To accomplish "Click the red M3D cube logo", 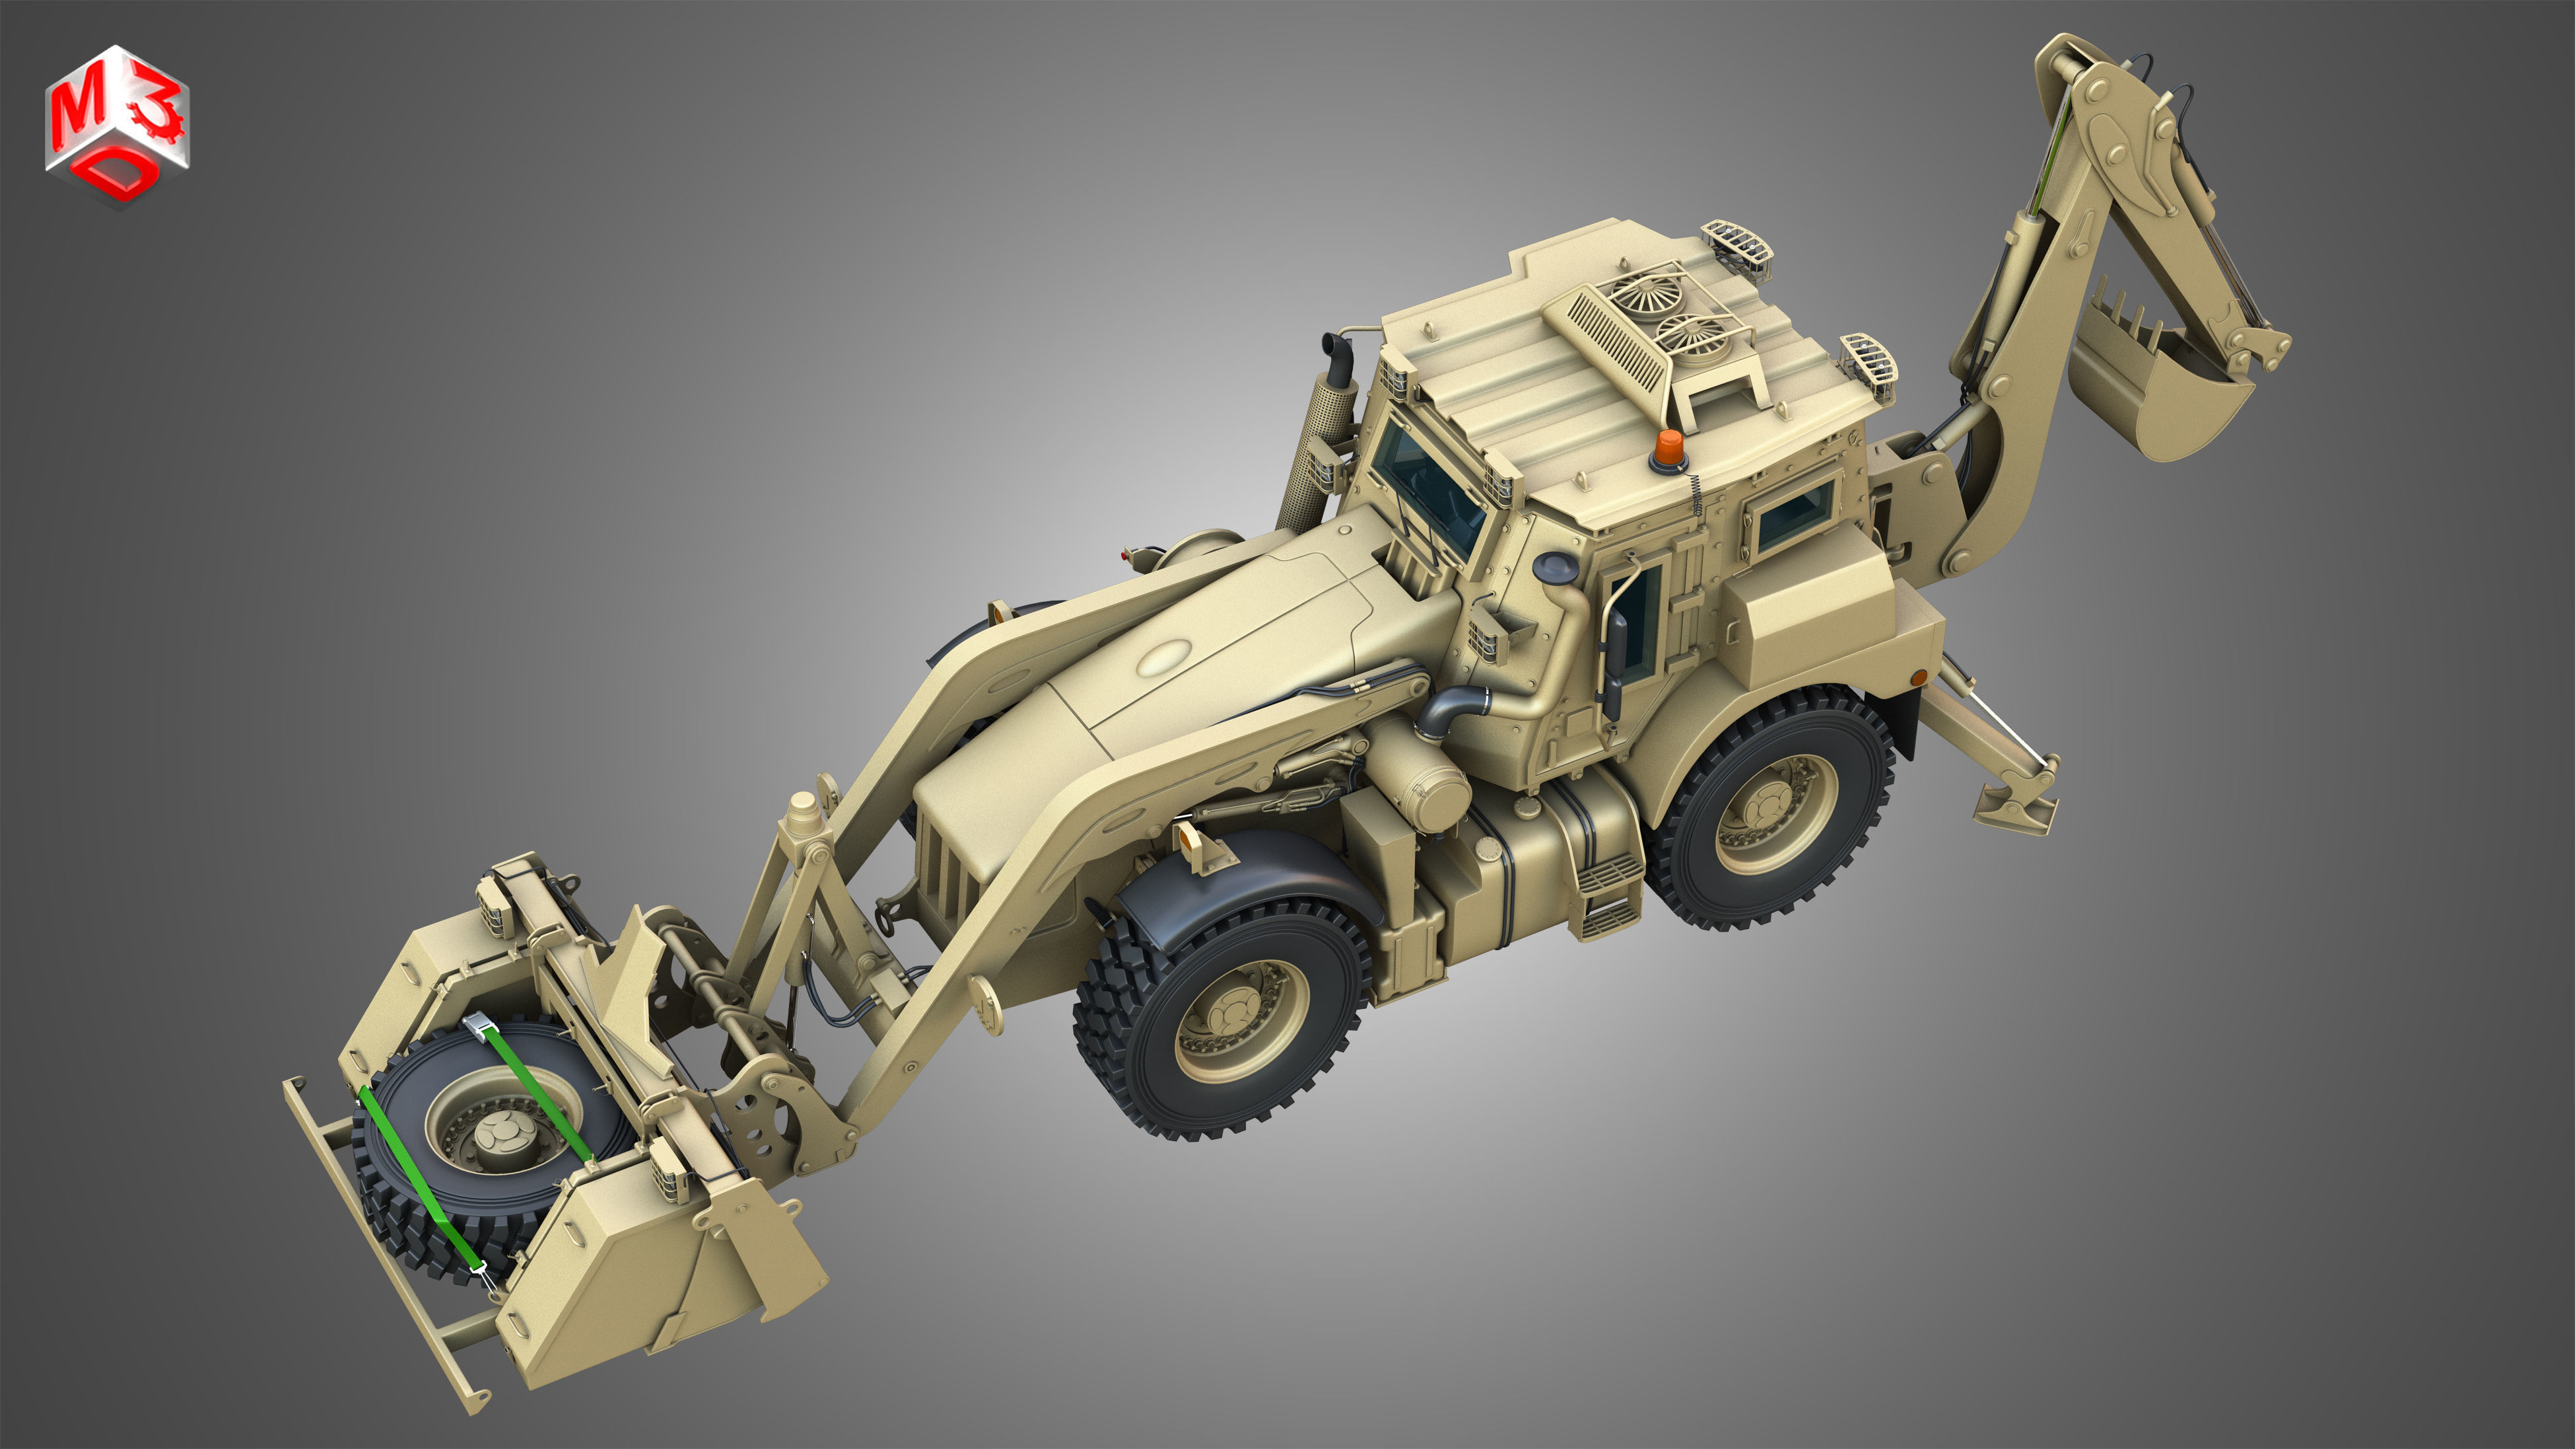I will click(x=117, y=124).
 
